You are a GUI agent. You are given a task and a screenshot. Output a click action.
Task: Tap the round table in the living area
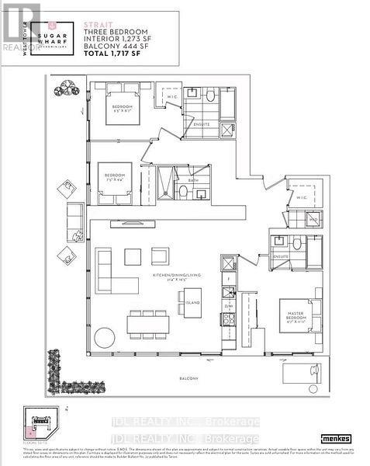(105, 338)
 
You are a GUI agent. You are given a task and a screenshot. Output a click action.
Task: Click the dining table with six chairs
(148, 325)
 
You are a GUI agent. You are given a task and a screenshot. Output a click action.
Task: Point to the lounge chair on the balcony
(299, 373)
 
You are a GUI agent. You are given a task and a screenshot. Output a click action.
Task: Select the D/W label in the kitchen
(228, 305)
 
